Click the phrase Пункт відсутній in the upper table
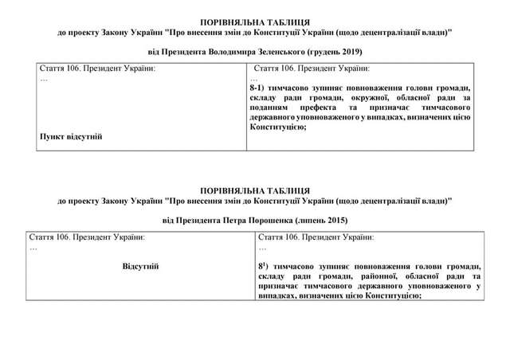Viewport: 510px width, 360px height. pos(71,136)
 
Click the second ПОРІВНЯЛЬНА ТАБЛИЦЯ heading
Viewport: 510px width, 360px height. pos(254,190)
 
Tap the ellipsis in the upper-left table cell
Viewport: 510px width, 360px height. pos(44,79)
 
